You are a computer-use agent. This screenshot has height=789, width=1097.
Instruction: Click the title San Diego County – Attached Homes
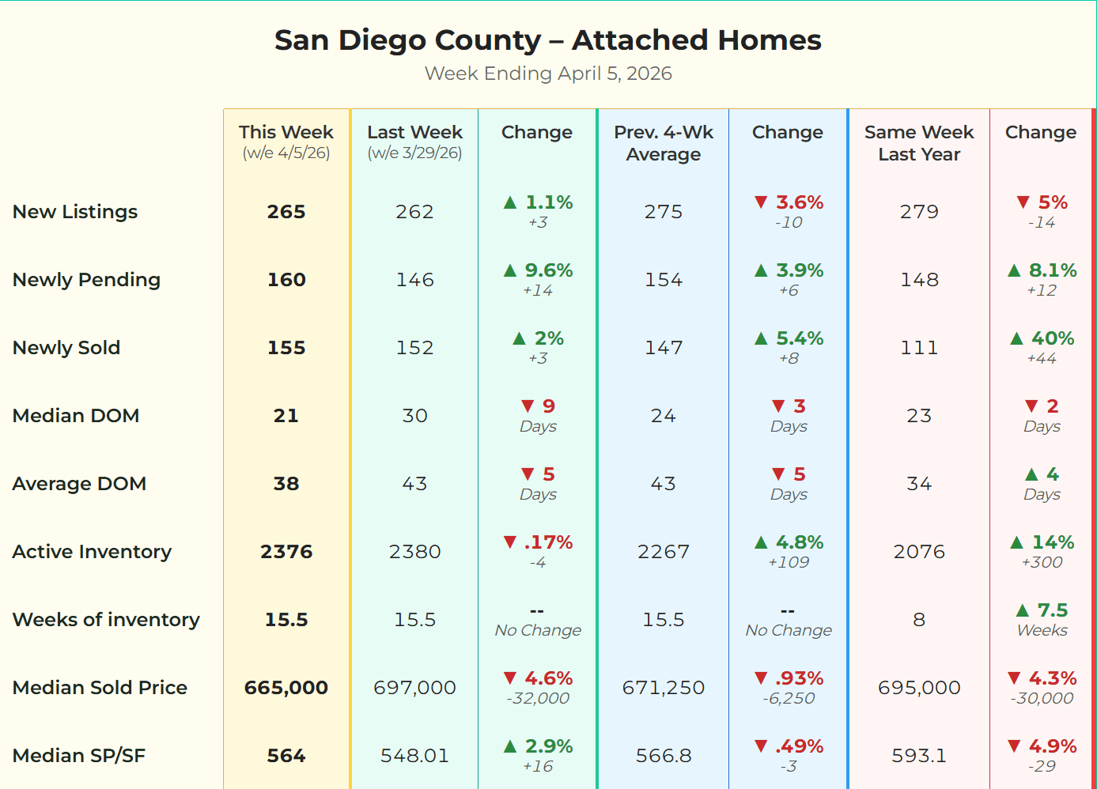coord(547,40)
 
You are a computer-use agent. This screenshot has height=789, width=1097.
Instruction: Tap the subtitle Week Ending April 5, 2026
coord(547,74)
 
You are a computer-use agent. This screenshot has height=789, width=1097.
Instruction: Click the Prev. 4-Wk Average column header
coord(664,143)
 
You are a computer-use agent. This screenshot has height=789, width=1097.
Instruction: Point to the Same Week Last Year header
coord(919,143)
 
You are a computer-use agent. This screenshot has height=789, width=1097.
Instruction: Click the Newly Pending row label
coord(87,280)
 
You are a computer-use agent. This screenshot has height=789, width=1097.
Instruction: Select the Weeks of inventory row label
coord(106,620)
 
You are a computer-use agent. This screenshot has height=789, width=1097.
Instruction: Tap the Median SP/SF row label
coord(79,756)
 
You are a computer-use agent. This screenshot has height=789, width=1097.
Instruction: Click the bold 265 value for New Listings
coord(286,212)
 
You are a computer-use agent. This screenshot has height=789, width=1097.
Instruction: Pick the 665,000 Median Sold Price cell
coord(286,688)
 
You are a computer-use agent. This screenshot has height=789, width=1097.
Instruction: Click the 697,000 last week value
coord(414,688)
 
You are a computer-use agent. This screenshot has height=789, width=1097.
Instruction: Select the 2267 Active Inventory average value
coord(664,552)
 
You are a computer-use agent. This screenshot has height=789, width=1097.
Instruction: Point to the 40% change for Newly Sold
coord(1052,338)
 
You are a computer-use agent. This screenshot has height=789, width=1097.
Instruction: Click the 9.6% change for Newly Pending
coord(548,270)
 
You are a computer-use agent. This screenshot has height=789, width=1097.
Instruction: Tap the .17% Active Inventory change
coord(548,542)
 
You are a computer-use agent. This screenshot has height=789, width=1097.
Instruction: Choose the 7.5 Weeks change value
coord(1052,610)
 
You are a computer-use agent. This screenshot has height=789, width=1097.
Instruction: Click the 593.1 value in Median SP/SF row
coord(919,756)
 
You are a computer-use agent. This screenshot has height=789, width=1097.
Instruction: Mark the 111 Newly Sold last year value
coord(919,348)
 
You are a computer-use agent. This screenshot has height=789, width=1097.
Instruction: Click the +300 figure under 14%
coord(1042,562)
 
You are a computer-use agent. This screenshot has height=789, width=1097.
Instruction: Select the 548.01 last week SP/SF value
coord(414,756)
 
